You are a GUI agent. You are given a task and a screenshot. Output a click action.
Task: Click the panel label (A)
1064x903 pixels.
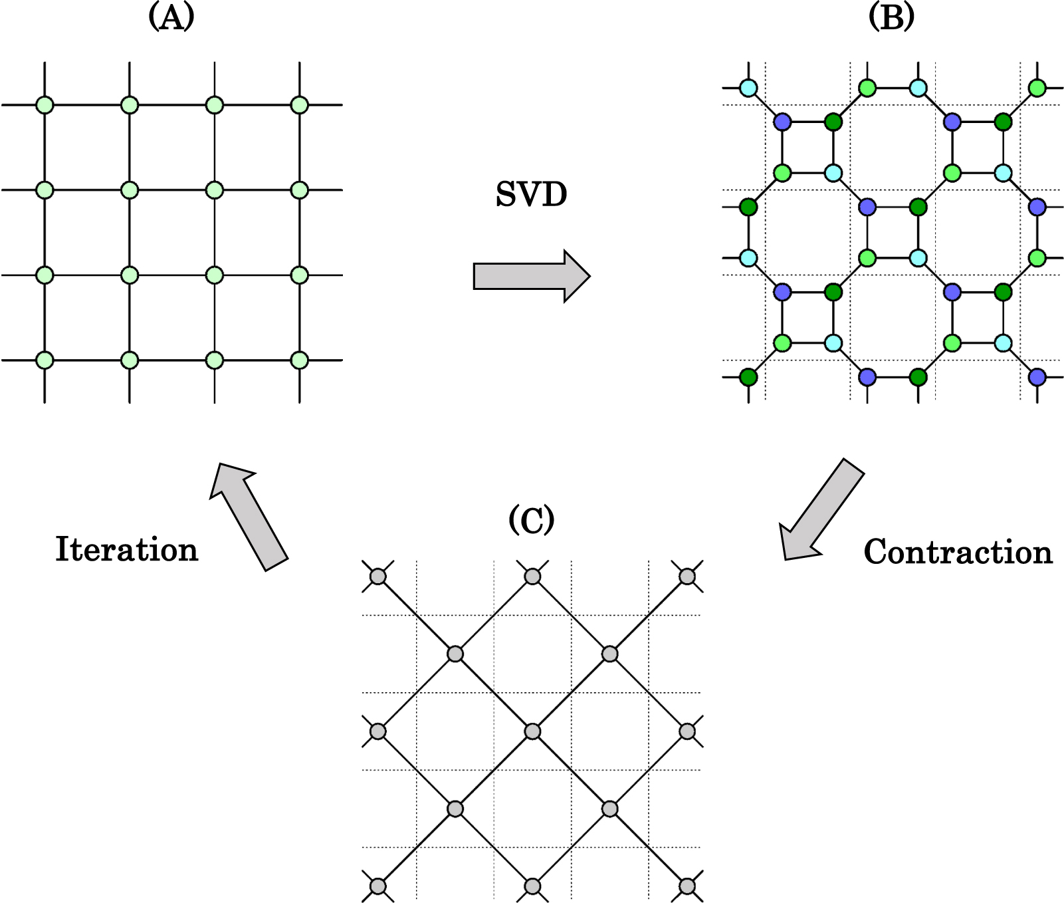point(171,17)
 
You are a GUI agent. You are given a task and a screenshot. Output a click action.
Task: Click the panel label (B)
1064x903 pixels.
point(891,17)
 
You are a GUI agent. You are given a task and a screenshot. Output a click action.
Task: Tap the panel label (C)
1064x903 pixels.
point(531,520)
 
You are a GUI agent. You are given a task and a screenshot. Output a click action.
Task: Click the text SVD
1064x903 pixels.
point(531,195)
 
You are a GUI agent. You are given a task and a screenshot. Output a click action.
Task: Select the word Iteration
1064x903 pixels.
point(127,550)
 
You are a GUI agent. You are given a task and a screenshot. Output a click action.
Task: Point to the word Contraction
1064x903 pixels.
point(958,552)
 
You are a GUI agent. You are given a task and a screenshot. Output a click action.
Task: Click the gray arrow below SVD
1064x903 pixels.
point(531,276)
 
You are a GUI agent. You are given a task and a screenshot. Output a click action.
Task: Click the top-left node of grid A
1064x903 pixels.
point(45,105)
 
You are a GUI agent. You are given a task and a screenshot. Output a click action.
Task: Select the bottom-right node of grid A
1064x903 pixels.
point(300,360)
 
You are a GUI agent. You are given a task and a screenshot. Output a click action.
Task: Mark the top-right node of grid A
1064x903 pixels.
point(300,105)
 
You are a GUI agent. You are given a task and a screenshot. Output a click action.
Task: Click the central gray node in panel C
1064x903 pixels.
point(532,731)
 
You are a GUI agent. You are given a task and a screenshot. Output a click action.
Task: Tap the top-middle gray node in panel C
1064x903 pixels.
point(532,577)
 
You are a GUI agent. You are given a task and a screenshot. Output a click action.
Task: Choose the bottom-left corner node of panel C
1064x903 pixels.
point(377,886)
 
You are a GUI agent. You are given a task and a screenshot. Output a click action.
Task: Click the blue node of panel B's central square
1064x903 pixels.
point(867,207)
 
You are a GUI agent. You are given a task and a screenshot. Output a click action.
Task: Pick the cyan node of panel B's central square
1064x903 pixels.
point(918,258)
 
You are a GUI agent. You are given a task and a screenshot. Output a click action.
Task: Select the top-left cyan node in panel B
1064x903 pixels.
point(749,88)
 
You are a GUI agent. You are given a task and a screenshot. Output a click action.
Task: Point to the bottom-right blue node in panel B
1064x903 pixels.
point(1037,378)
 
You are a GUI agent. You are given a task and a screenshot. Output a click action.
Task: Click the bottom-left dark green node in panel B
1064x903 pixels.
point(749,378)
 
